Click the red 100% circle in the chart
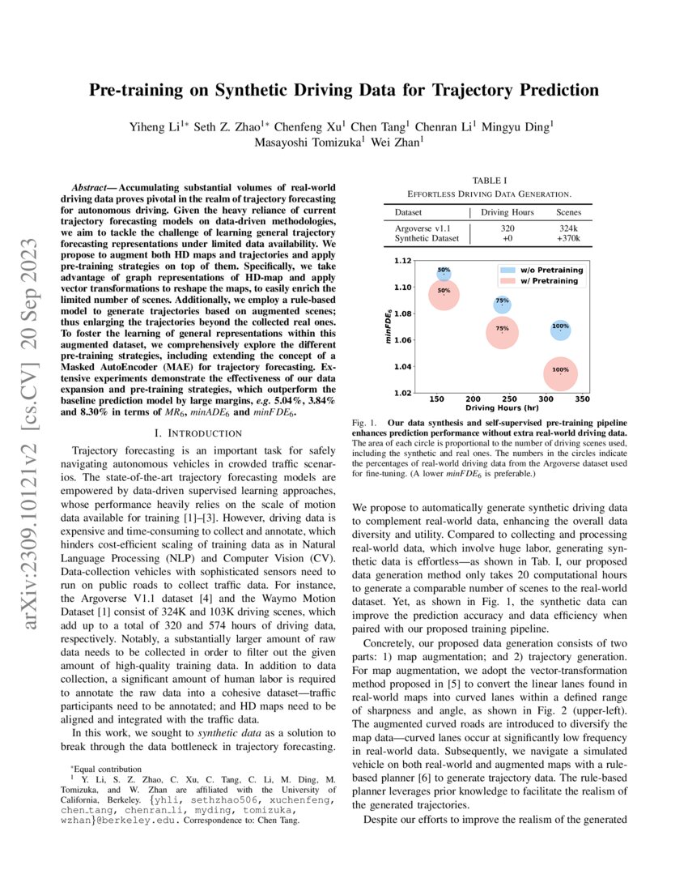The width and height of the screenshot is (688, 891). pos(560,370)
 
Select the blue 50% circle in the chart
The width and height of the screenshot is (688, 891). pos(444,272)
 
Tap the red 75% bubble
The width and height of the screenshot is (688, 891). pos(502,329)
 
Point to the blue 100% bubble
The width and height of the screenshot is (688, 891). pos(560,327)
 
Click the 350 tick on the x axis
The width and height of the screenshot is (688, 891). pos(582,399)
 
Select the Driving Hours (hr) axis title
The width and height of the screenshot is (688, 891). pos(501,409)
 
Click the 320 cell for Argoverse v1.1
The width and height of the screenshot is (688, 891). pos(503,228)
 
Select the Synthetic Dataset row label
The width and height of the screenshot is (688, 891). pos(426,238)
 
